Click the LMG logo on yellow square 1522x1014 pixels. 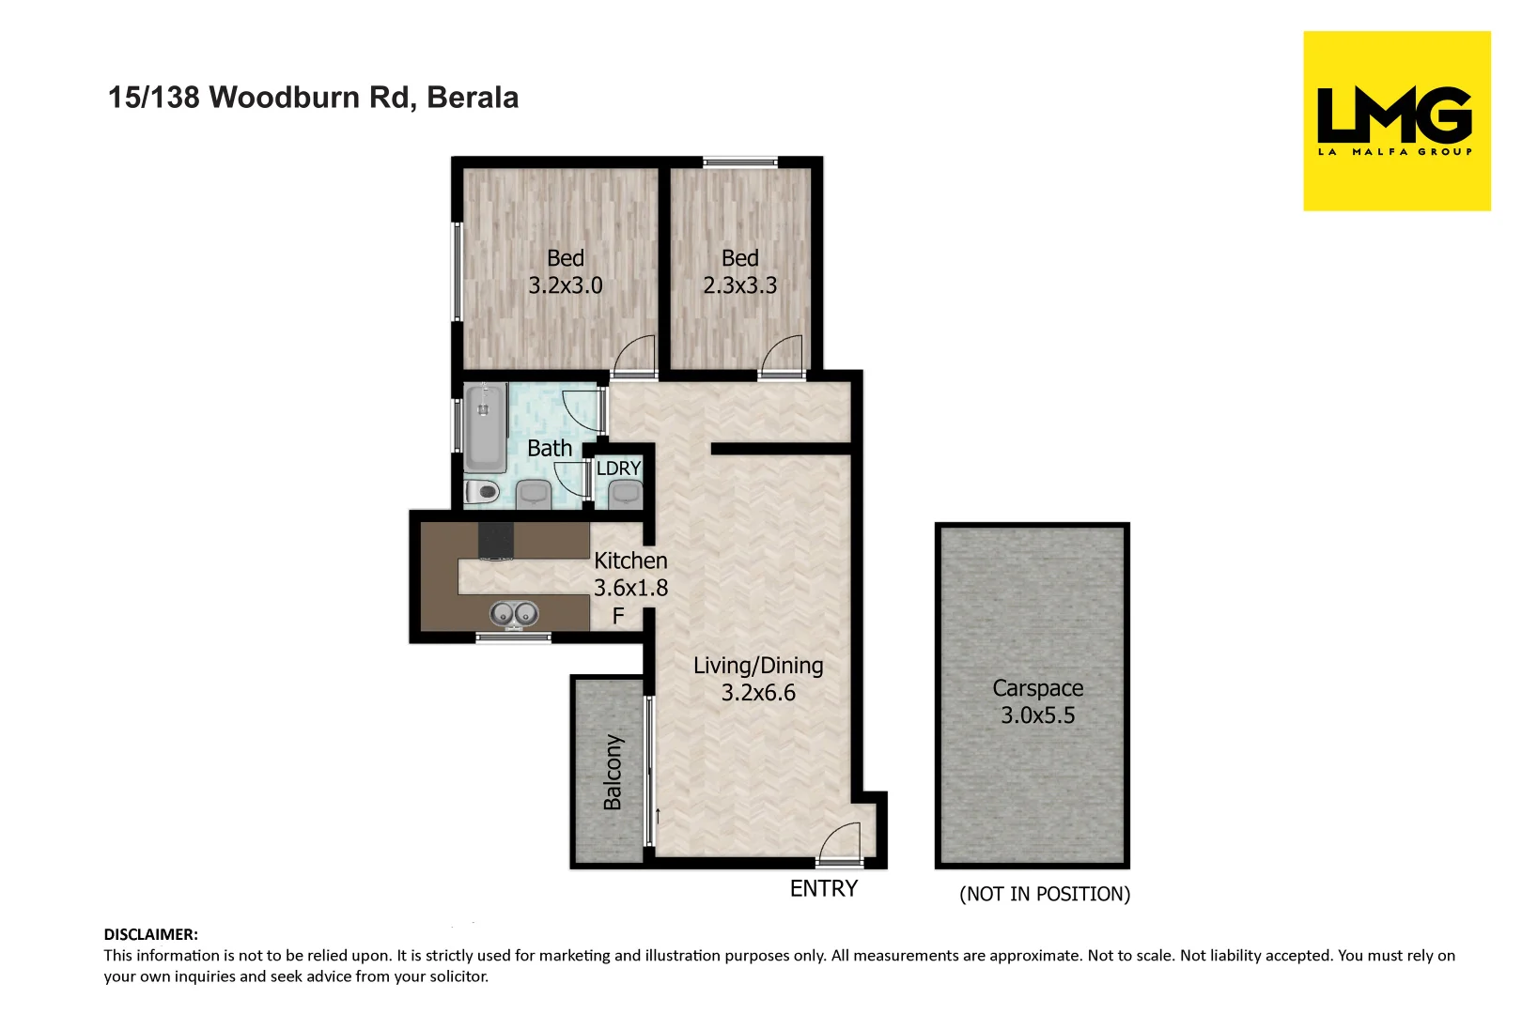[x=1395, y=120]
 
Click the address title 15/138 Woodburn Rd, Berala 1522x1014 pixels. [x=313, y=98]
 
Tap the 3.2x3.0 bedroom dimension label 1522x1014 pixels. [x=565, y=285]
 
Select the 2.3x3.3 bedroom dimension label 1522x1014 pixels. [x=739, y=285]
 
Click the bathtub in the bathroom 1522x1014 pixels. [x=485, y=427]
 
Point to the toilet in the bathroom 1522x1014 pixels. [x=483, y=490]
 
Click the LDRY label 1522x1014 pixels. [x=618, y=469]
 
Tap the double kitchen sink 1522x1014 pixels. [x=514, y=614]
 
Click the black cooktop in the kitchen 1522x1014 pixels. [x=496, y=541]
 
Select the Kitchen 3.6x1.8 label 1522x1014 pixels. [x=630, y=574]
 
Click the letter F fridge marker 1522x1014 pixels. [x=618, y=617]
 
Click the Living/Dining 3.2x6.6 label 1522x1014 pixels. [x=758, y=679]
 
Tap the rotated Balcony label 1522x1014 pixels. [x=613, y=772]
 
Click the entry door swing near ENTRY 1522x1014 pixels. [x=841, y=842]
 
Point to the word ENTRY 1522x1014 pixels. [x=823, y=889]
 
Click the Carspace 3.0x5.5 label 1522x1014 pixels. [x=1037, y=701]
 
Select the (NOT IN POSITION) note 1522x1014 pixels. [x=1044, y=895]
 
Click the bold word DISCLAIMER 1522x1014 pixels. [x=150, y=935]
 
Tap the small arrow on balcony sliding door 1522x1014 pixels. [x=658, y=816]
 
